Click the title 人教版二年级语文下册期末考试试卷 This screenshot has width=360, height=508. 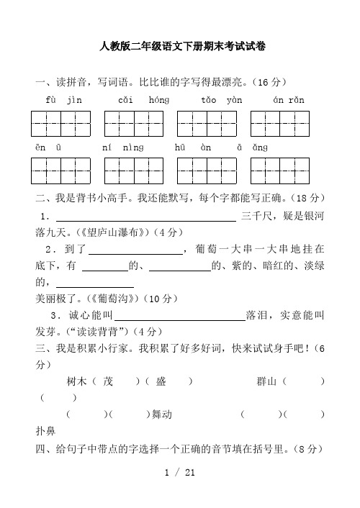(x=183, y=47)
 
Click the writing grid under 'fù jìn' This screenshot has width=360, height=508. (x=61, y=124)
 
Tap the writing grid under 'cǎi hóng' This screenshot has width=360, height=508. (x=134, y=124)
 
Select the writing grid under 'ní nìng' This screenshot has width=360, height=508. (x=134, y=171)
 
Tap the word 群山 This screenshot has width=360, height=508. (x=268, y=381)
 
